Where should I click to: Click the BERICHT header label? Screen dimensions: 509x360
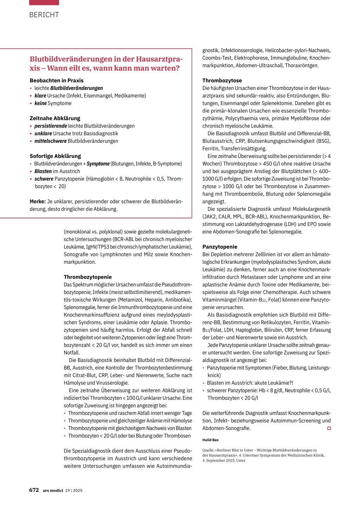(44, 15)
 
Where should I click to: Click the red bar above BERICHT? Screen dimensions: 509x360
(44, 2)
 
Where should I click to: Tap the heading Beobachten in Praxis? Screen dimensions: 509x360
(57, 80)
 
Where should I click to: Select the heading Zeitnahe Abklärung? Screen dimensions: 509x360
(55, 118)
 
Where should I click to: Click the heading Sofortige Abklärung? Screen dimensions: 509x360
(55, 156)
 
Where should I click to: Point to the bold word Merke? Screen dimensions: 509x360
(38, 201)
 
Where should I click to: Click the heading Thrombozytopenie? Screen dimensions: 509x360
(88, 277)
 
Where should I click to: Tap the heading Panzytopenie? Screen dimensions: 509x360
(220, 247)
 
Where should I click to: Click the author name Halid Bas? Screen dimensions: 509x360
(210, 440)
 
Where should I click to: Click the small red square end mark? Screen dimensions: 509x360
(329, 428)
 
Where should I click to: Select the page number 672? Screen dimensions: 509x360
(34, 490)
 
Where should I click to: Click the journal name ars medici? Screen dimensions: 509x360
(53, 490)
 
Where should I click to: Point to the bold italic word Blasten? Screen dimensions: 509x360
(43, 171)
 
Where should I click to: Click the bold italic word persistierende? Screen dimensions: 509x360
(51, 126)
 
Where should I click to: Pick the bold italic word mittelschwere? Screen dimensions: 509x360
(50, 141)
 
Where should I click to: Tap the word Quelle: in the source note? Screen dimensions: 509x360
(208, 450)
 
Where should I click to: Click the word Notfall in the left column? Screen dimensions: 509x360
(71, 353)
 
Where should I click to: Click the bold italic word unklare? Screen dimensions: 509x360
(43, 134)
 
